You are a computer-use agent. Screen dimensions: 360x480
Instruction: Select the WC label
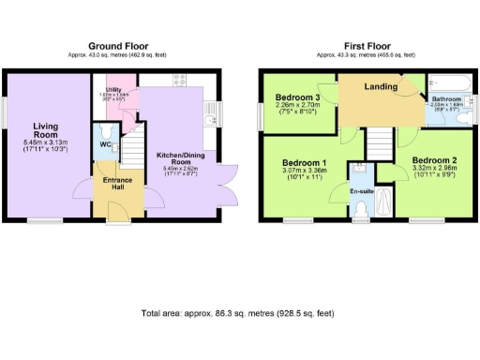click(x=105, y=145)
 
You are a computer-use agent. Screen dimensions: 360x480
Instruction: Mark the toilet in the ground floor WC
click(x=107, y=129)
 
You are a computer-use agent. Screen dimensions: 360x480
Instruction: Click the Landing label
click(x=378, y=87)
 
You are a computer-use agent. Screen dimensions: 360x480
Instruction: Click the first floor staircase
click(x=377, y=142)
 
